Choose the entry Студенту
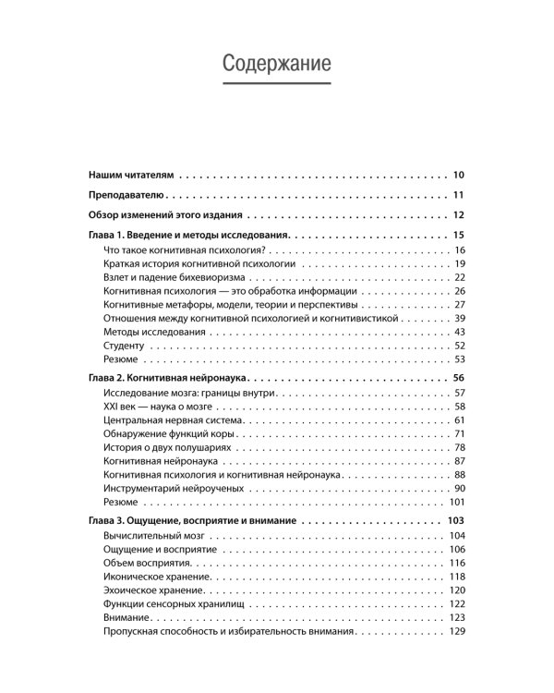[126, 345]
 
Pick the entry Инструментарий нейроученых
[175, 487]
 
